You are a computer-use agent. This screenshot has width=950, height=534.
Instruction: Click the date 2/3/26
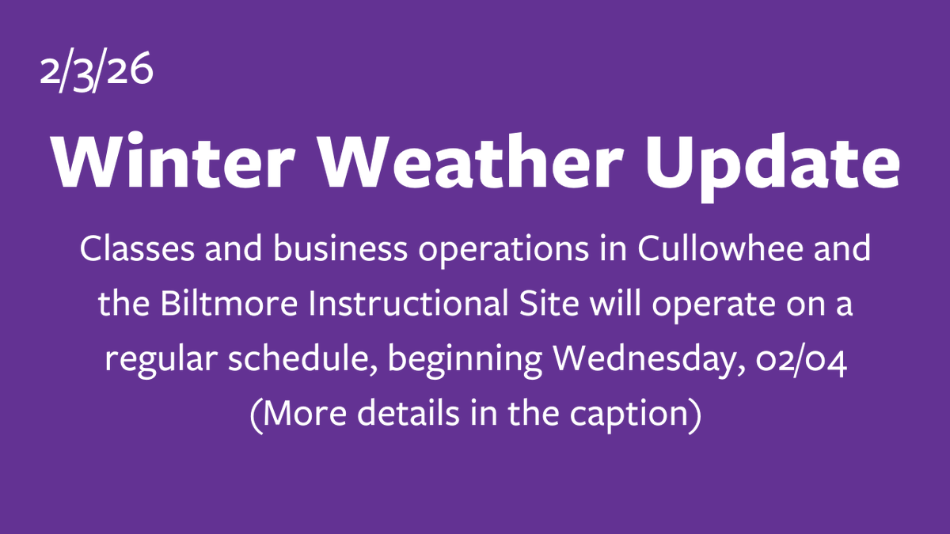pyautogui.click(x=96, y=76)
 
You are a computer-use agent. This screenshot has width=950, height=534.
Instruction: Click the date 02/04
pyautogui.click(x=807, y=362)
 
